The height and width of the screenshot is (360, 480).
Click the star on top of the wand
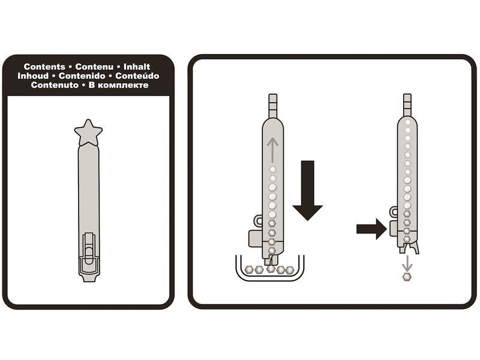pos(88,132)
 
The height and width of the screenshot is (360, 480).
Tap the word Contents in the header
pos(44,67)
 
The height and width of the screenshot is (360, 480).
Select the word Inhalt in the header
pos(137,67)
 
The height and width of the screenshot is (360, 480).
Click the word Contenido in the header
pos(82,76)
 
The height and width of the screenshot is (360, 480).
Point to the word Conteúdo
pos(137,76)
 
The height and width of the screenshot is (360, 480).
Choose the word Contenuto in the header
pos(55,85)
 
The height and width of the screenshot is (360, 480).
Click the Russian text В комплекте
pos(118,85)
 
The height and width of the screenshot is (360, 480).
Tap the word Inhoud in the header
pos(33,76)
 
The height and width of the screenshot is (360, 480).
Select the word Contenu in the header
pos(94,67)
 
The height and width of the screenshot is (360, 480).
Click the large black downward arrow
pos(308,190)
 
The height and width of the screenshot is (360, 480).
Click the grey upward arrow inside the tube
pos(272,150)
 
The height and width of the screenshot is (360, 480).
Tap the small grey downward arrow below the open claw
pos(407,263)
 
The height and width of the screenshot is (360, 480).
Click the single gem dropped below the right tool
pos(407,277)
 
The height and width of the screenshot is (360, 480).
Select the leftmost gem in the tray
pos(250,270)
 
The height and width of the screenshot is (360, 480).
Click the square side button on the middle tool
pos(256,238)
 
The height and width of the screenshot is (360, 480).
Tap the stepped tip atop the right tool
pos(407,105)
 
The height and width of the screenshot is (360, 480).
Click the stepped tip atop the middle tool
pos(273,106)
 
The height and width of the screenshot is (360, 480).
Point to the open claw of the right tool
pos(409,248)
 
